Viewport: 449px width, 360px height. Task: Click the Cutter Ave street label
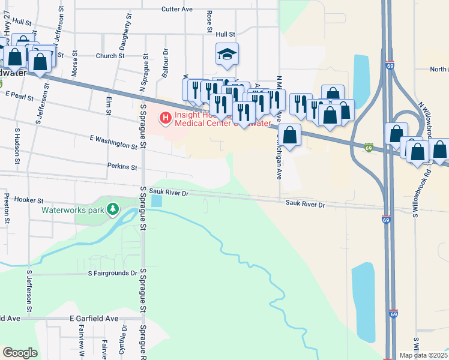[177, 10]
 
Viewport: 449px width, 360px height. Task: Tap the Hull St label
[226, 35]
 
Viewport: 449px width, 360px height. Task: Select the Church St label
[109, 56]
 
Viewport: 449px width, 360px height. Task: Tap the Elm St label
[109, 105]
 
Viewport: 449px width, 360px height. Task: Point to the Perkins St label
[122, 166]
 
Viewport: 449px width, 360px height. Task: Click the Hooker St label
[29, 200]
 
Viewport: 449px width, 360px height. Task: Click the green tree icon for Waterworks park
[112, 209]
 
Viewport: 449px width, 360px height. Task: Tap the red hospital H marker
[165, 116]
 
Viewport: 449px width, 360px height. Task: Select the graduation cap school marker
[227, 54]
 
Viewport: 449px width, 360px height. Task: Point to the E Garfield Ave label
[94, 319]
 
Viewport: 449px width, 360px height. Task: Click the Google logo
[20, 353]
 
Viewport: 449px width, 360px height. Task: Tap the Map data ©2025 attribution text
[423, 355]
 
